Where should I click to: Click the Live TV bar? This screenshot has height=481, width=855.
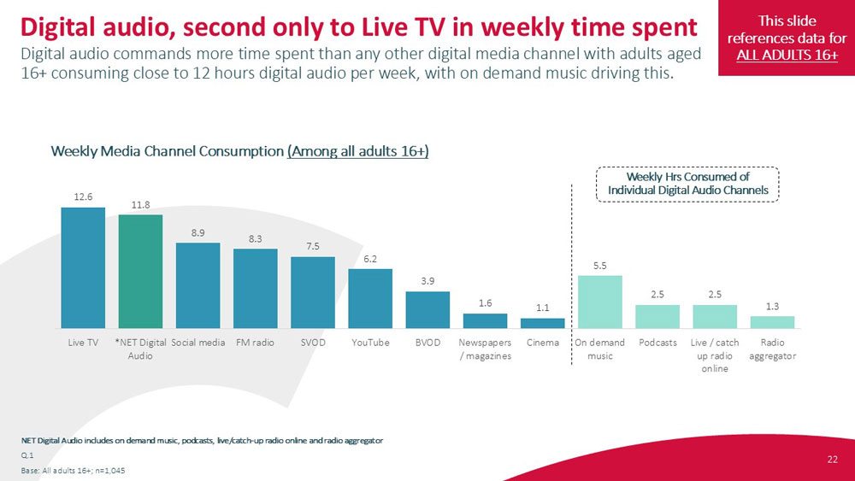83,267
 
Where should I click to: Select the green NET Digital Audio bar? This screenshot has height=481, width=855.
140,271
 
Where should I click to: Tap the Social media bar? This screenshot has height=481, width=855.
198,285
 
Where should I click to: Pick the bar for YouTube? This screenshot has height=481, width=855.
370,298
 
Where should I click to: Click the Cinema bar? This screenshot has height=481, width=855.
543,323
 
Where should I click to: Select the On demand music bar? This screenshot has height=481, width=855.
599,302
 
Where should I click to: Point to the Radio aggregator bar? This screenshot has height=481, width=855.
772,322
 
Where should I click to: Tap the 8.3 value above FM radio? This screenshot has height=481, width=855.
255,239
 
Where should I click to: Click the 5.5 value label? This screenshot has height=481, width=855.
599,265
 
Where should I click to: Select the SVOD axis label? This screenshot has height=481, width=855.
312,343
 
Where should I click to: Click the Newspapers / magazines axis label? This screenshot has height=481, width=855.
485,349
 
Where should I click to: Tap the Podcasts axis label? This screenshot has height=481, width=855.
657,343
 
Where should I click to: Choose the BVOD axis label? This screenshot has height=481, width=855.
427,343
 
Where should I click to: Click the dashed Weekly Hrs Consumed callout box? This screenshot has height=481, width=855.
687,184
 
